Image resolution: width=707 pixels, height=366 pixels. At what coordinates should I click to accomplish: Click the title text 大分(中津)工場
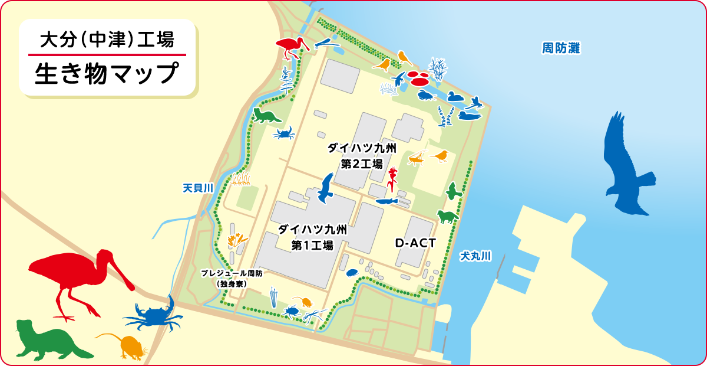[x=107, y=41]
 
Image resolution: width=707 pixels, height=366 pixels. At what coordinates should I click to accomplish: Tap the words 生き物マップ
[x=107, y=74]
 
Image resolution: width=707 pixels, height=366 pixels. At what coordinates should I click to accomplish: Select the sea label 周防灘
[x=561, y=48]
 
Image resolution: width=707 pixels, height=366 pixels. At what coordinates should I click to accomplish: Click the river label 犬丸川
[x=475, y=256]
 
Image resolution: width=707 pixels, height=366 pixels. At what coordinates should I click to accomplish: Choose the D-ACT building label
[x=415, y=243]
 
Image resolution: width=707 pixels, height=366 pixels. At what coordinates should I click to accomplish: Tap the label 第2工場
[x=362, y=163]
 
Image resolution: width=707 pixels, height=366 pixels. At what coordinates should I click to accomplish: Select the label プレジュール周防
[x=231, y=274]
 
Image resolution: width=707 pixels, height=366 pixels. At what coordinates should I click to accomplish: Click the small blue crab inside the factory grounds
[x=284, y=133]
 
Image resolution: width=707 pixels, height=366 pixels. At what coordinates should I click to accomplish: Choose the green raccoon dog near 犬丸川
[x=447, y=216]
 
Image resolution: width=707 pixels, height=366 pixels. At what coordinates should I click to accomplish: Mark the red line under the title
[x=107, y=55]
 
